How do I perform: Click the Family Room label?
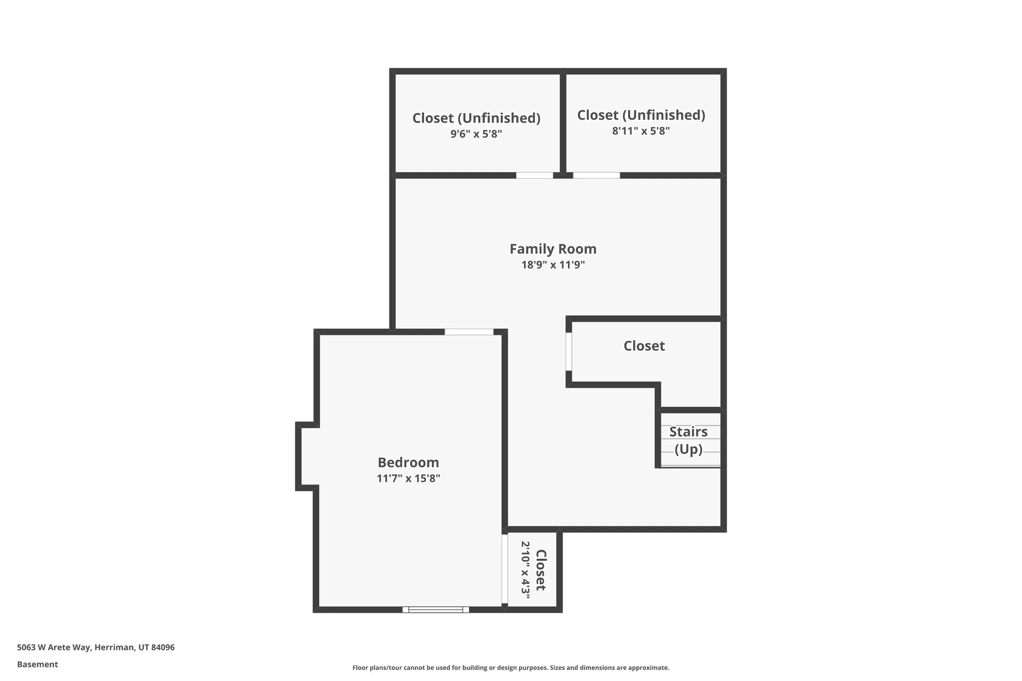pos(552,249)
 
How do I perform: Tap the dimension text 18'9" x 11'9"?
pos(552,265)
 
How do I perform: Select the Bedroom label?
pos(408,462)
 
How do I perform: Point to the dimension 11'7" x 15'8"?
pos(408,478)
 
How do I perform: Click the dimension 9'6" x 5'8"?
pos(476,134)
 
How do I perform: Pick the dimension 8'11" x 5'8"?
pos(641,131)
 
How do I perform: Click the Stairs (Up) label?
pos(688,440)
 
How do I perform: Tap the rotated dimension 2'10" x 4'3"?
pos(525,569)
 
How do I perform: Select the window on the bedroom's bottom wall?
pos(435,609)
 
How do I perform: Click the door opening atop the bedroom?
pos(469,332)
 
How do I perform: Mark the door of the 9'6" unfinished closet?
pos(534,175)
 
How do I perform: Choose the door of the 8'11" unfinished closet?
pos(596,175)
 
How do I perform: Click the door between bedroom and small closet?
pos(505,569)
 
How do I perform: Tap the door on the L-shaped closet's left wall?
pos(568,351)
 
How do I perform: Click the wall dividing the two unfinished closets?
pos(562,122)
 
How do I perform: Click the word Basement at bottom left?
pos(37,664)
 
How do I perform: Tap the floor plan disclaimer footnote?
pos(511,668)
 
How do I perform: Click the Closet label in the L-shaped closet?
pos(644,346)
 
